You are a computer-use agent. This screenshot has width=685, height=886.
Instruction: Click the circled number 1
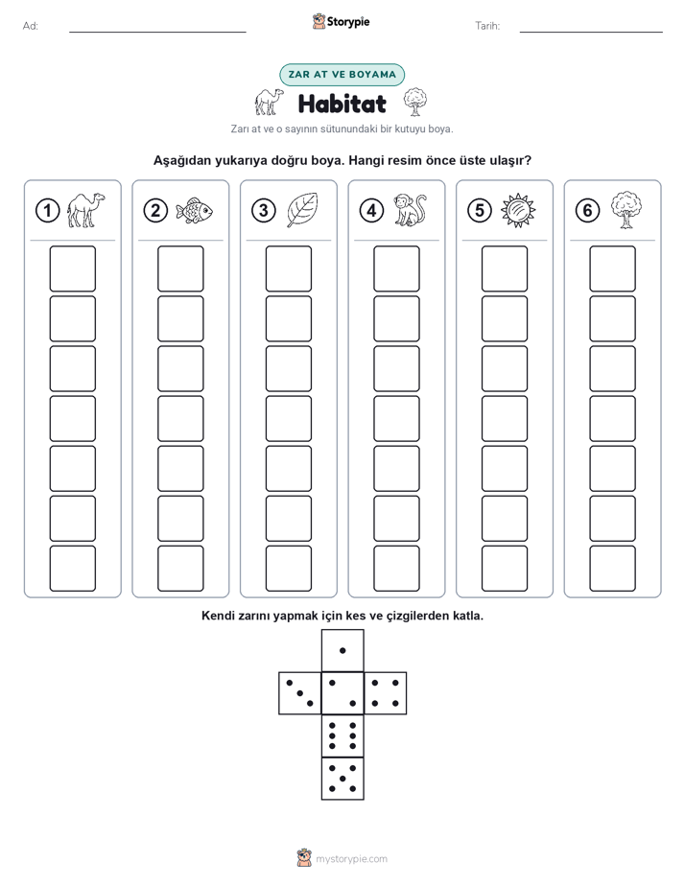point(47,211)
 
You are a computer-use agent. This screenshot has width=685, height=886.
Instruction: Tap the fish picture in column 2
point(194,211)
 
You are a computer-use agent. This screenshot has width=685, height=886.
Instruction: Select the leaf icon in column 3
point(302,210)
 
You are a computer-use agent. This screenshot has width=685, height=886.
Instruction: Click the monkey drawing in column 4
point(410,210)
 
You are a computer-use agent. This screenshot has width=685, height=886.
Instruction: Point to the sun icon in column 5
point(518,211)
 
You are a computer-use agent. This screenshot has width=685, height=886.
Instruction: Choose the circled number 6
point(587,211)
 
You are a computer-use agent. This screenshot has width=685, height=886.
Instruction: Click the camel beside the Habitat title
point(269,102)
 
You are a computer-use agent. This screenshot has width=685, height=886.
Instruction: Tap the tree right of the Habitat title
point(415,102)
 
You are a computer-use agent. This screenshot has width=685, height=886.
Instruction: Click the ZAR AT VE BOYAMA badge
point(342,75)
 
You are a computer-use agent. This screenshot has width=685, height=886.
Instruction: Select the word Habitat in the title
point(342,104)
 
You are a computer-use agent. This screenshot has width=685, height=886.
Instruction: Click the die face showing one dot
point(342,650)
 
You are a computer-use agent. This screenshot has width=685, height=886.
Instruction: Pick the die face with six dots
point(342,735)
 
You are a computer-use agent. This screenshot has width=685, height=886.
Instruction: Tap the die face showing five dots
point(342,778)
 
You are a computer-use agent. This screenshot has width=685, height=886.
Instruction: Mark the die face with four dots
point(386,692)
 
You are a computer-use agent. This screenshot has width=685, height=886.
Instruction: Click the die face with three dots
point(300,692)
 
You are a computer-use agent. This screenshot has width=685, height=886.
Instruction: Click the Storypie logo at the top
point(342,21)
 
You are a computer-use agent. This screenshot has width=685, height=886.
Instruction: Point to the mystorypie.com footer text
point(351,859)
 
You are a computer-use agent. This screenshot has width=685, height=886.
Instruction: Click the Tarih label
point(487,26)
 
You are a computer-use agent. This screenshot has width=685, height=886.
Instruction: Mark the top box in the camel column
point(72,268)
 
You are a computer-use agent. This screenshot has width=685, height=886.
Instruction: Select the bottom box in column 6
point(613,569)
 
